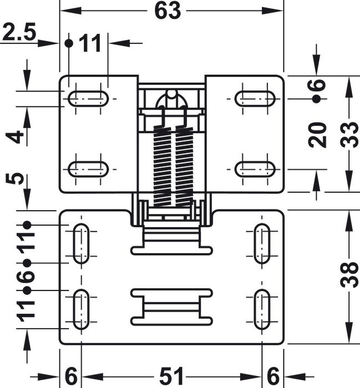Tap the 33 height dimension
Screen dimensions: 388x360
[349, 135]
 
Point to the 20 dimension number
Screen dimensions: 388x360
[318, 135]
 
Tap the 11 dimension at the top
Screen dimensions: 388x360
[90, 43]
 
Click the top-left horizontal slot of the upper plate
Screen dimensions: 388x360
[88, 99]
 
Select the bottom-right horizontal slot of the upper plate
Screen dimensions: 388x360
[255, 169]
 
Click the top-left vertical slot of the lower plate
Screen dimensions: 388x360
[81, 244]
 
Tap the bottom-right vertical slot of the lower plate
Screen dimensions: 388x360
[262, 309]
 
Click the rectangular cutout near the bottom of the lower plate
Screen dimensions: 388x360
[171, 307]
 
